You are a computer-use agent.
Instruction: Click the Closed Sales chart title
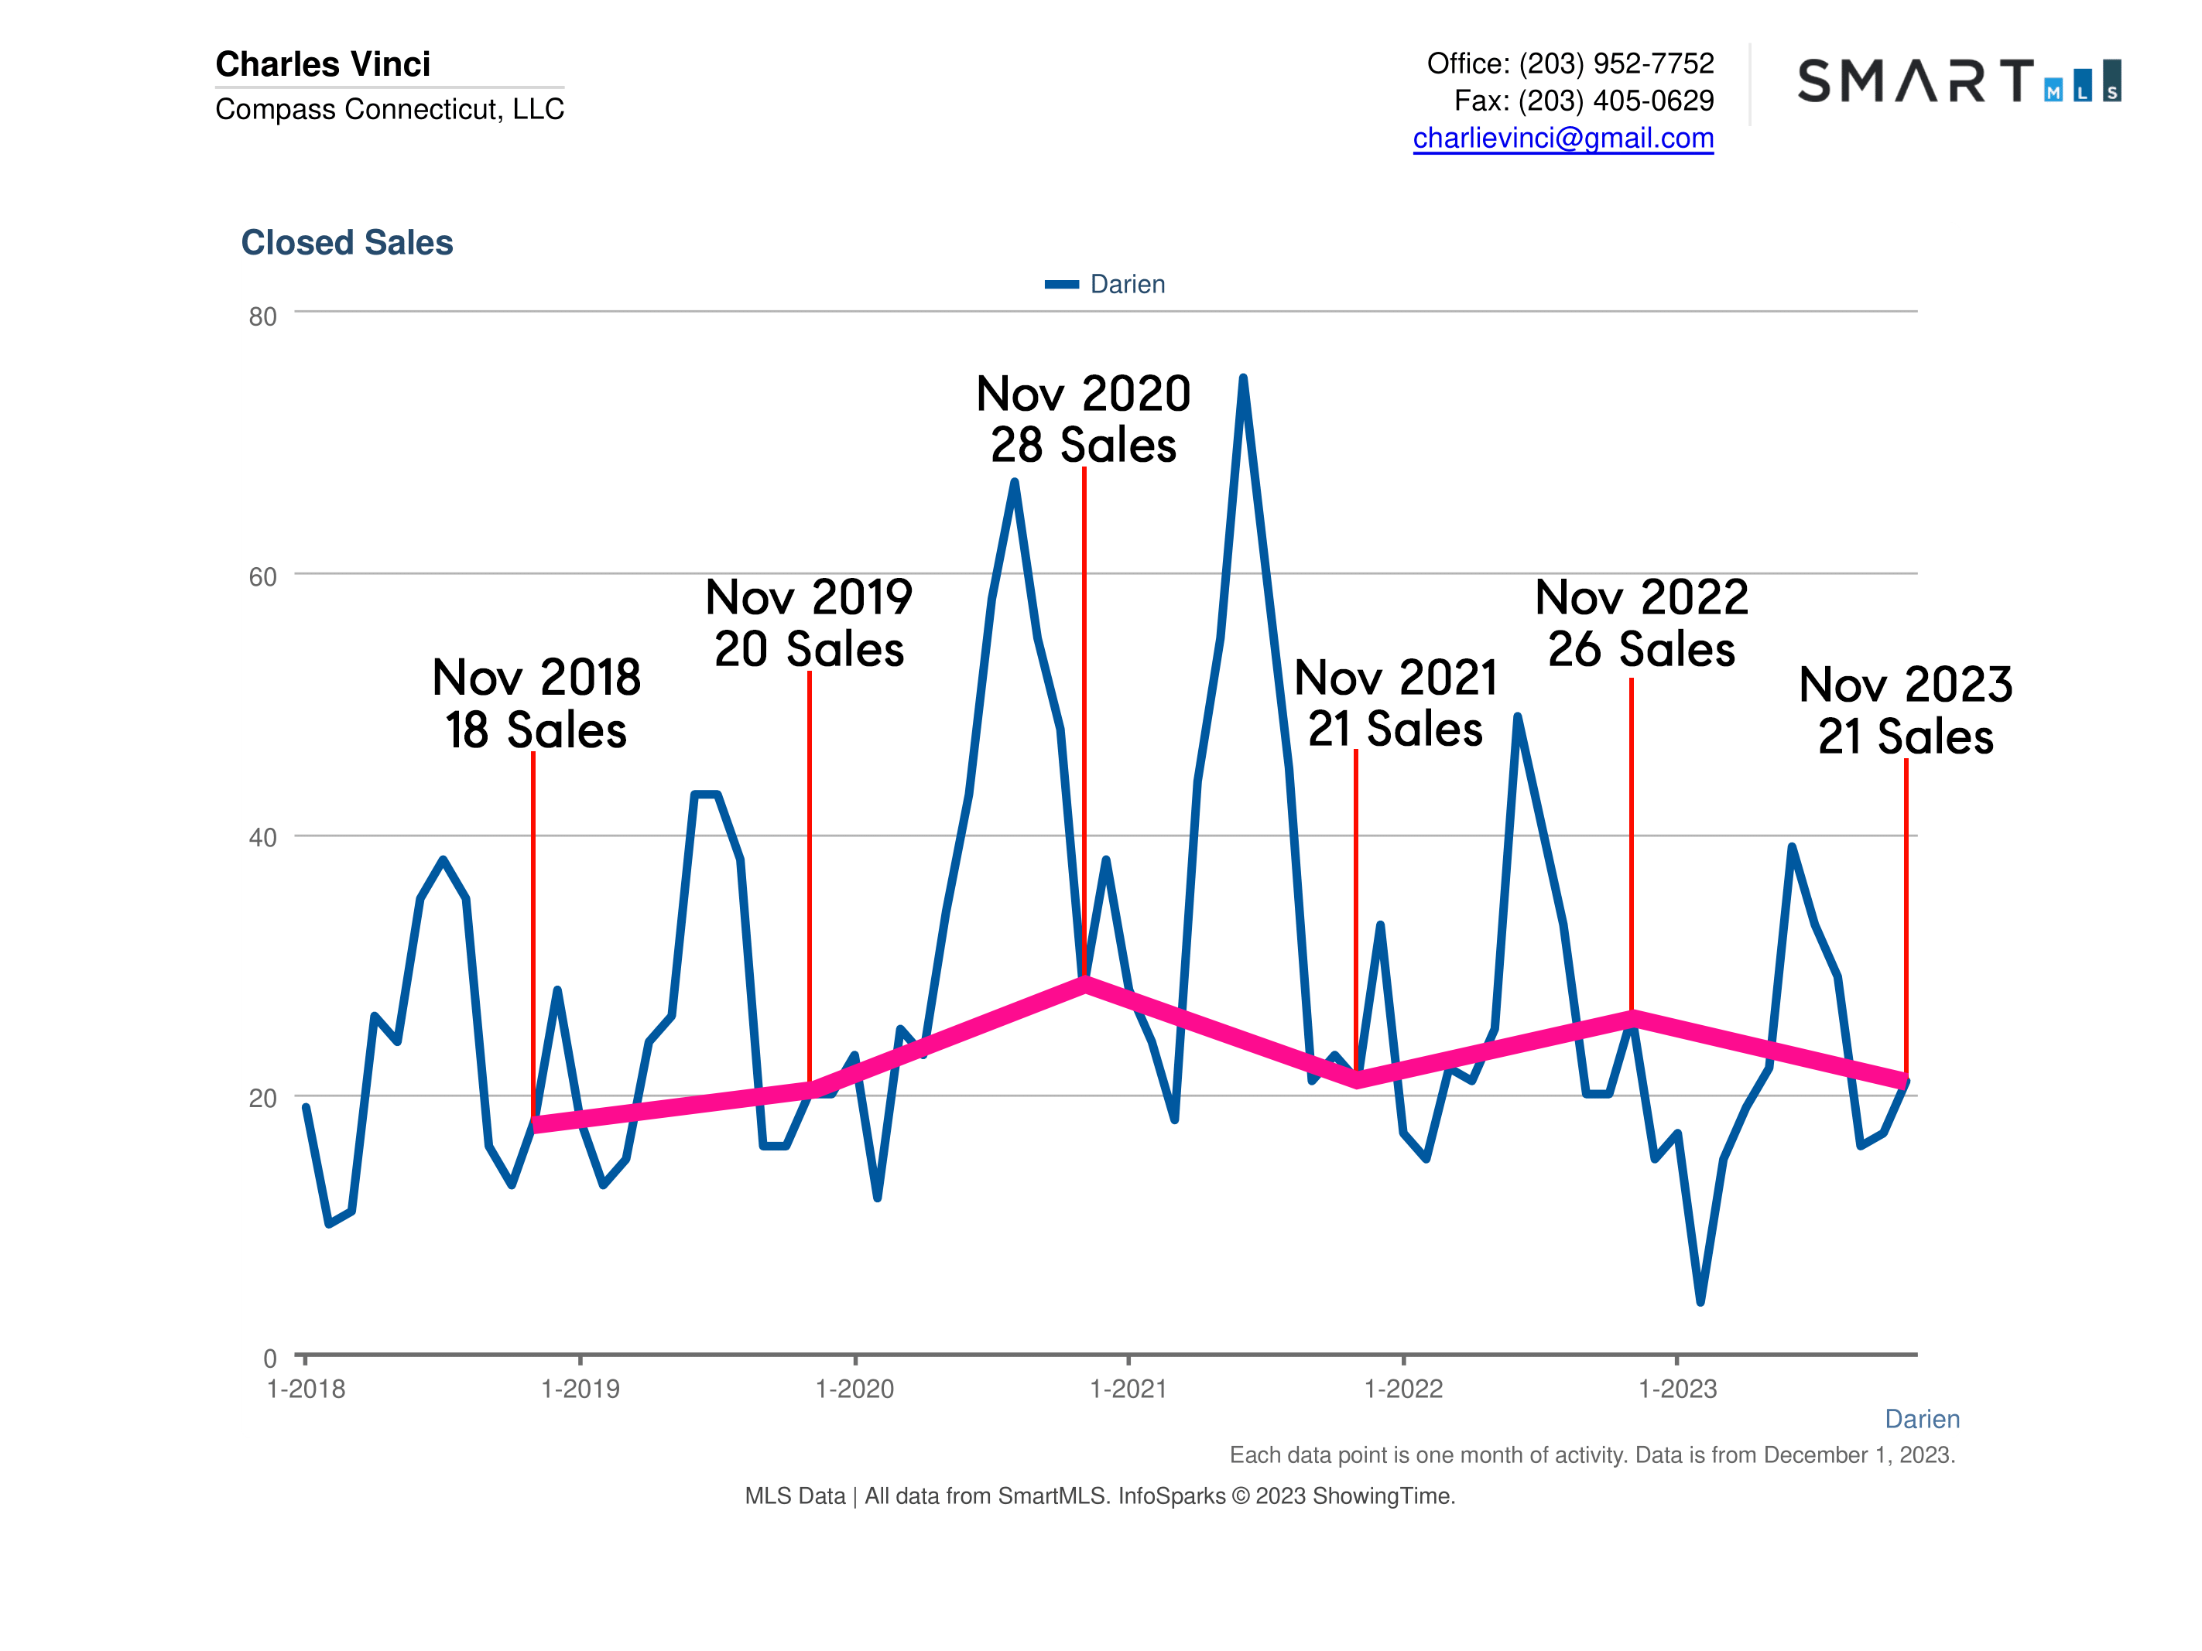pyautogui.click(x=347, y=243)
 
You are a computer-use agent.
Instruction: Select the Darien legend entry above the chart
pyautogui.click(x=1105, y=285)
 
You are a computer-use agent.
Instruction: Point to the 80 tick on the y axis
pyautogui.click(x=263, y=316)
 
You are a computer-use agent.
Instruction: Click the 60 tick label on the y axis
pyautogui.click(x=263, y=577)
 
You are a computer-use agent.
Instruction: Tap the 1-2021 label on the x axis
pyautogui.click(x=1128, y=1390)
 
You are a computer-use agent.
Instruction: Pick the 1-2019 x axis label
pyautogui.click(x=580, y=1390)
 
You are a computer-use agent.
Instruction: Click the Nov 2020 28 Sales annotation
pyautogui.click(x=1083, y=419)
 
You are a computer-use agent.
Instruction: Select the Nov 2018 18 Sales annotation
pyautogui.click(x=536, y=703)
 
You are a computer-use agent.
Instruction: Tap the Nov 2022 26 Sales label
pyautogui.click(x=1642, y=623)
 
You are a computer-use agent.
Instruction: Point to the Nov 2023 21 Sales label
pyautogui.click(x=1906, y=710)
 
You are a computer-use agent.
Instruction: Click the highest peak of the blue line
pyautogui.click(x=1243, y=378)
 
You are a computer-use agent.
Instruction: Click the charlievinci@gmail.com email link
pyautogui.click(x=1563, y=138)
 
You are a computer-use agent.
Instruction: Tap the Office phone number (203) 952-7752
pyautogui.click(x=1615, y=63)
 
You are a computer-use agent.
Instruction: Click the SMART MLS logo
pyautogui.click(x=1958, y=80)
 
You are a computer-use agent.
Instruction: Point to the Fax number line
pyautogui.click(x=1584, y=101)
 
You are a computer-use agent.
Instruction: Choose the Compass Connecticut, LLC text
pyautogui.click(x=389, y=109)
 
